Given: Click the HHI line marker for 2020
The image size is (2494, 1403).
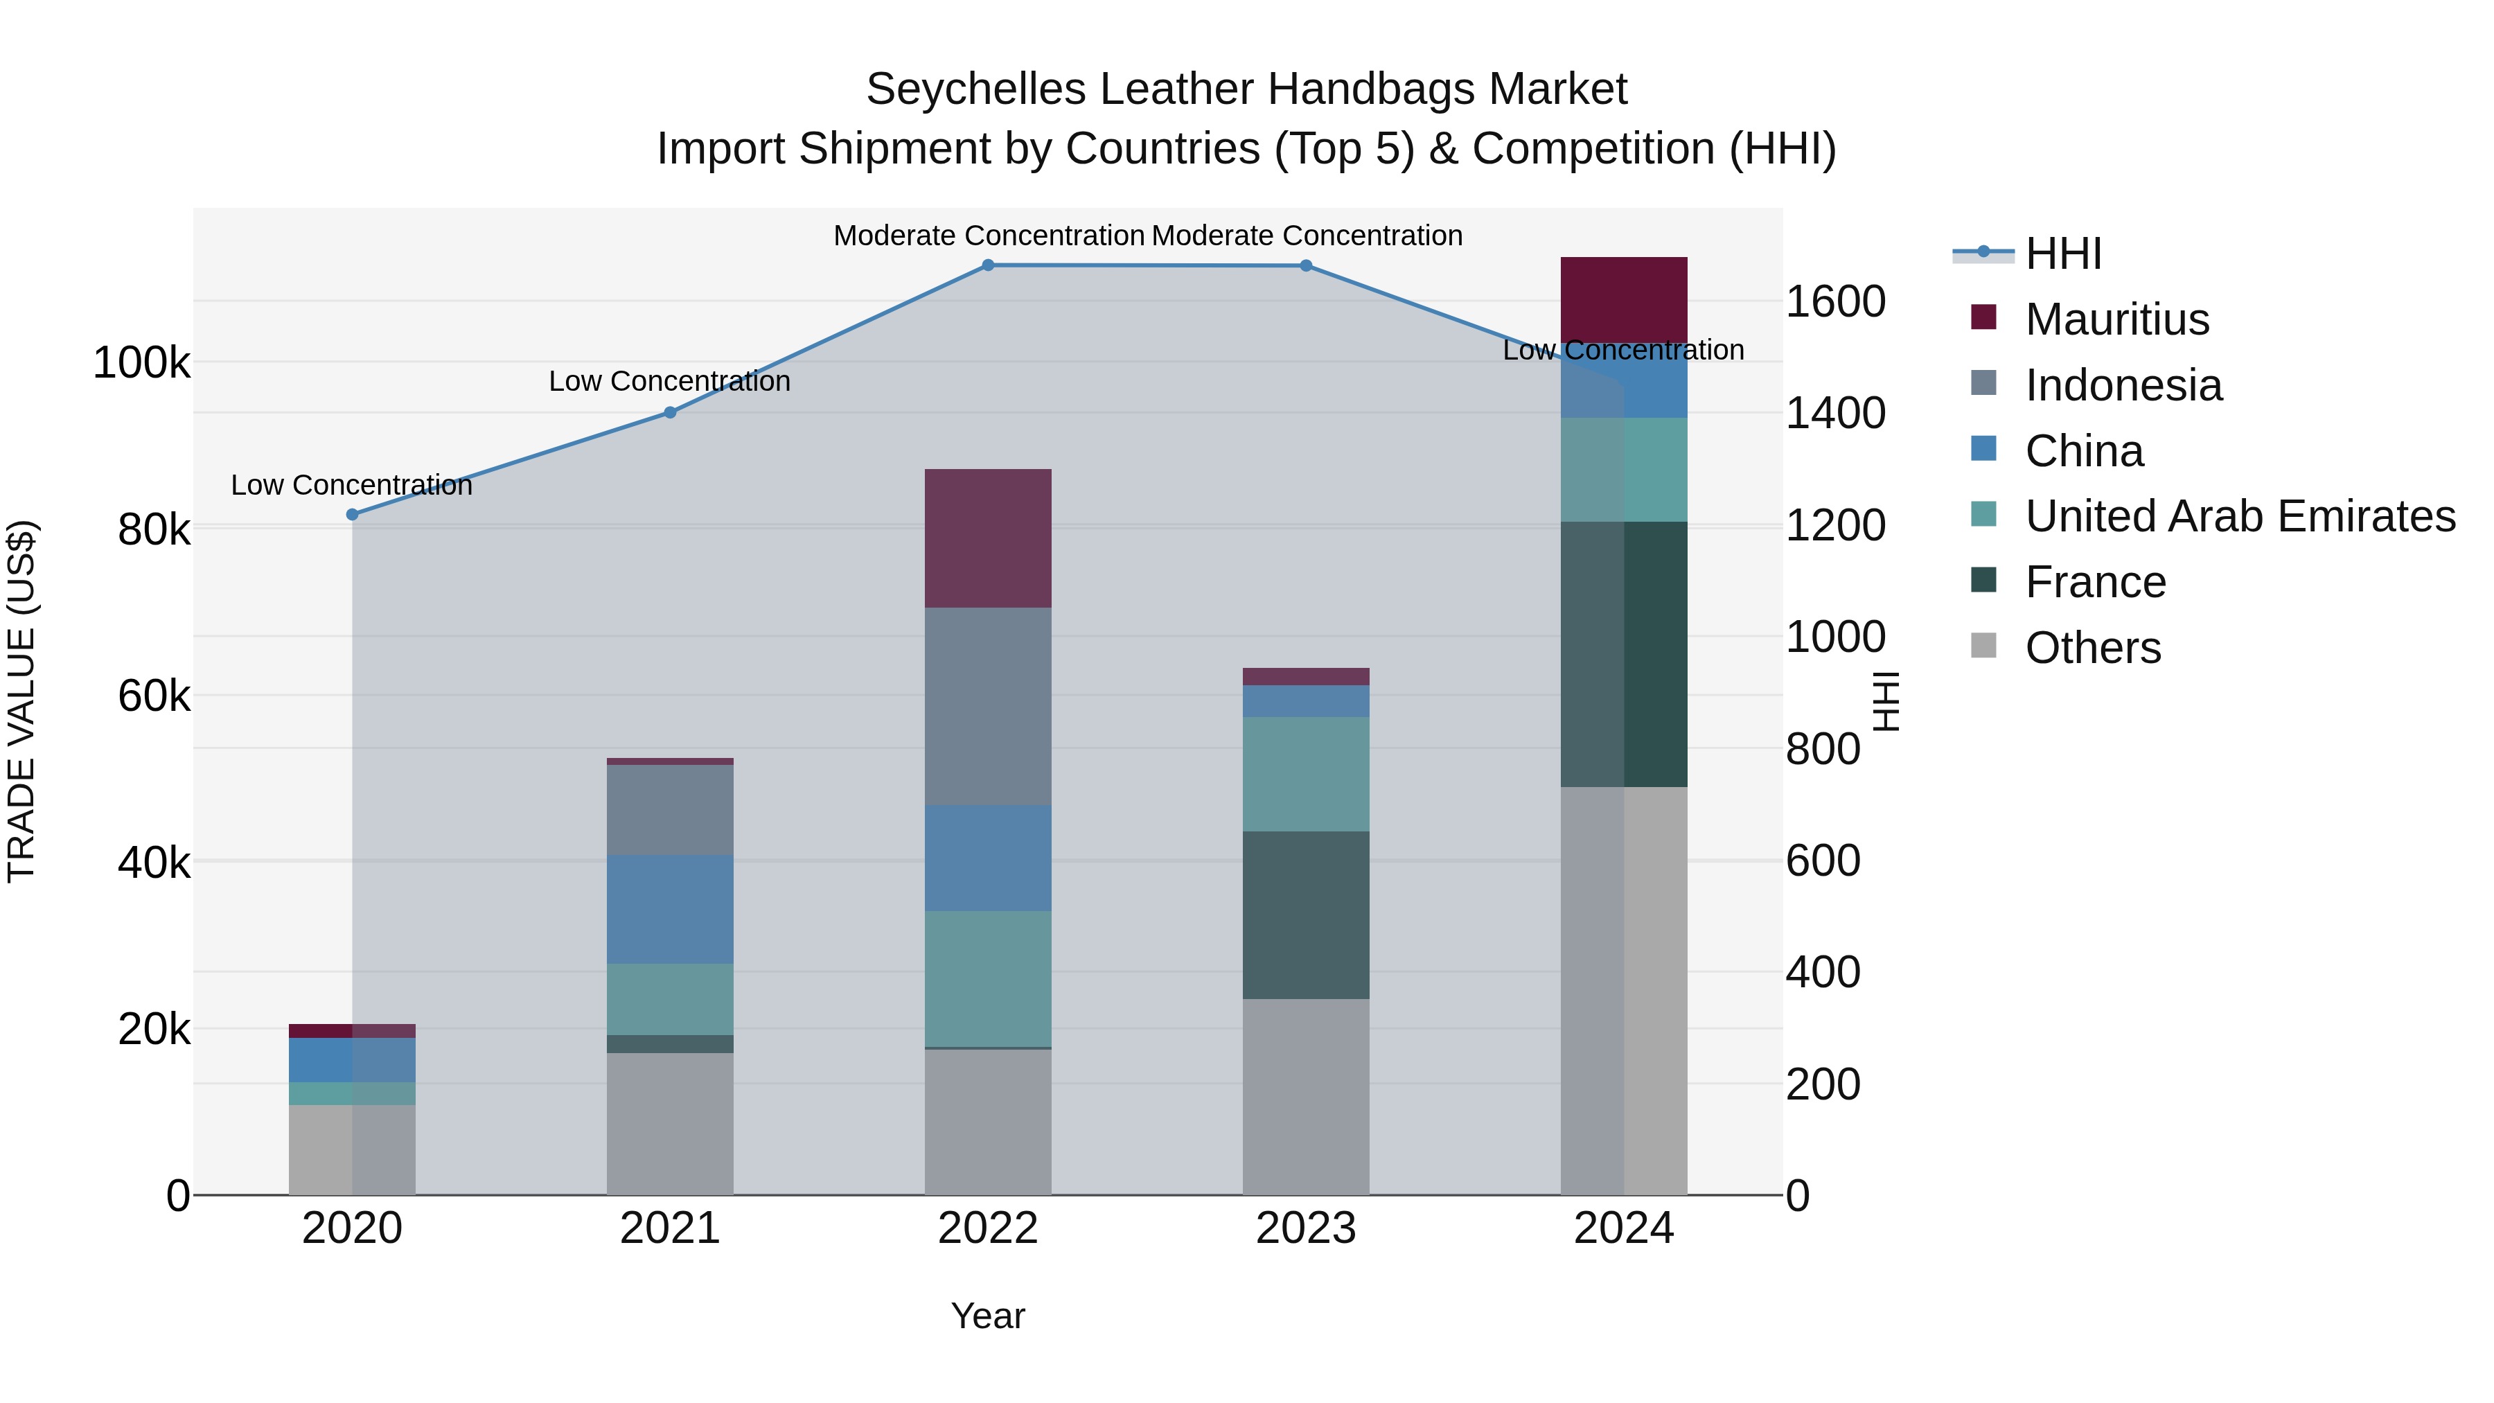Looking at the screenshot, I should pos(353,514).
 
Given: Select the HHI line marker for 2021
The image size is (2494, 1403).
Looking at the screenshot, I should pos(670,412).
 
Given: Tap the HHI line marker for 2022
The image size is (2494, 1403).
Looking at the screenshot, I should pos(987,265).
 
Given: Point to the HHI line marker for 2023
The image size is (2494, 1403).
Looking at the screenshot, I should pos(1306,266).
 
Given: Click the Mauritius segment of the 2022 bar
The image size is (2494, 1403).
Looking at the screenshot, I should pos(987,538).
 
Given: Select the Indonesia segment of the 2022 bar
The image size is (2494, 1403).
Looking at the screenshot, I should pos(987,706).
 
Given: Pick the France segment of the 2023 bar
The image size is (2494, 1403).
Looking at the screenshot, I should pos(1306,915).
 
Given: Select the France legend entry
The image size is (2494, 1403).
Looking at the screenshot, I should pos(2095,582).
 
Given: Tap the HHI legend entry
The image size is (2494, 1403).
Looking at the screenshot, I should pos(2062,254).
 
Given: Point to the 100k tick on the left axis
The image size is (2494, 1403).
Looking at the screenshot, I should pos(141,364).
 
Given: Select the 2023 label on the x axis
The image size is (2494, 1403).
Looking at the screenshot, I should pos(1306,1228).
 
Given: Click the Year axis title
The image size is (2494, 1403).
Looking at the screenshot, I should pos(987,1316).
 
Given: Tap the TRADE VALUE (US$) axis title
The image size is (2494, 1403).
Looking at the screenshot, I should pos(22,701).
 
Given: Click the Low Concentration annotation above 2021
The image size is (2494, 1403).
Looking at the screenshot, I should pos(670,382).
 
